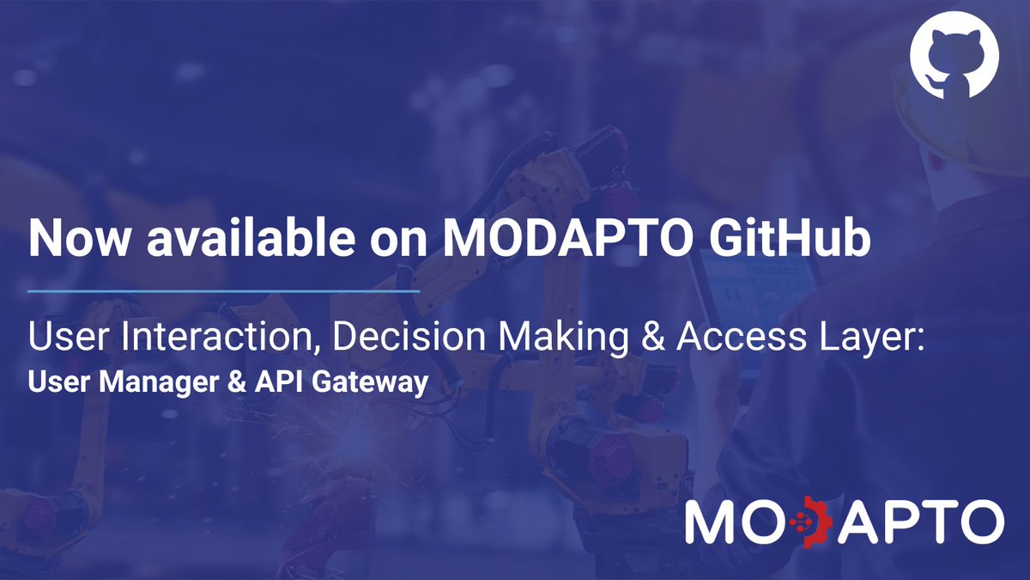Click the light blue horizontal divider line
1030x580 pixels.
[223, 292]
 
